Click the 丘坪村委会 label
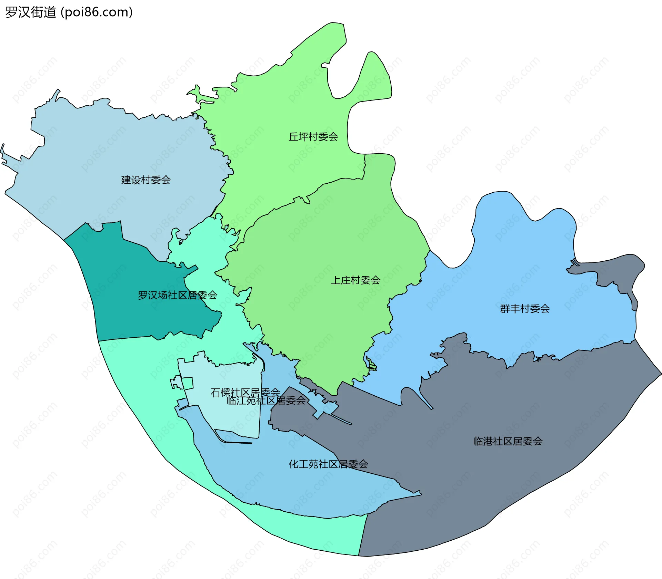click(313, 137)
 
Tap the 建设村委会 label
click(146, 180)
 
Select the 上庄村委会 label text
click(355, 280)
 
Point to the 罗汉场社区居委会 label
click(177, 295)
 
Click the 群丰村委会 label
click(524, 309)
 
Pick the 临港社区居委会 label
click(508, 441)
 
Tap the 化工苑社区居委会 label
click(328, 464)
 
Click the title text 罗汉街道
click(31, 12)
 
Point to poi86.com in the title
click(97, 12)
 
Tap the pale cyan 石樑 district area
click(228, 414)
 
